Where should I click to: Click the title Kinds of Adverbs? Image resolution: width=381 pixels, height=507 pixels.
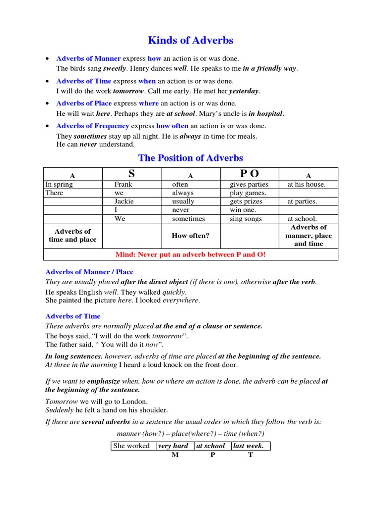(x=190, y=40)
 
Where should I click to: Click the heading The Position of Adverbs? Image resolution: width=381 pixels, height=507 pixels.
(x=190, y=158)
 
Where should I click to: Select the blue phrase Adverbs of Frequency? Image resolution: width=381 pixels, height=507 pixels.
(x=92, y=126)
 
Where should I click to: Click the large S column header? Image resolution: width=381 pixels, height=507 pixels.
(x=131, y=174)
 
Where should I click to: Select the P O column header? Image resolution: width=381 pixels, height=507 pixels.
(x=249, y=174)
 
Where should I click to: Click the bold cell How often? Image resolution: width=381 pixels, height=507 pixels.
(x=190, y=236)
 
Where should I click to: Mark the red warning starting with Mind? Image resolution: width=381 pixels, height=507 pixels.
(x=190, y=254)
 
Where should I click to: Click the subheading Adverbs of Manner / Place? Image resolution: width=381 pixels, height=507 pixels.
(x=89, y=272)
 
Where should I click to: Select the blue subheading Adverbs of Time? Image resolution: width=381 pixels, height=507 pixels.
(x=73, y=316)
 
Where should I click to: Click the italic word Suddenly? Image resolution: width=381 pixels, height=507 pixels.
(x=59, y=410)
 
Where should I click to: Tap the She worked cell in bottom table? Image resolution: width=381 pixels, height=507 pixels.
(x=131, y=446)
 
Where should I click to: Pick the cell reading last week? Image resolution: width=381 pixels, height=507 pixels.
(x=252, y=446)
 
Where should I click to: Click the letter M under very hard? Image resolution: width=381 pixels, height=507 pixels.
(x=175, y=455)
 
